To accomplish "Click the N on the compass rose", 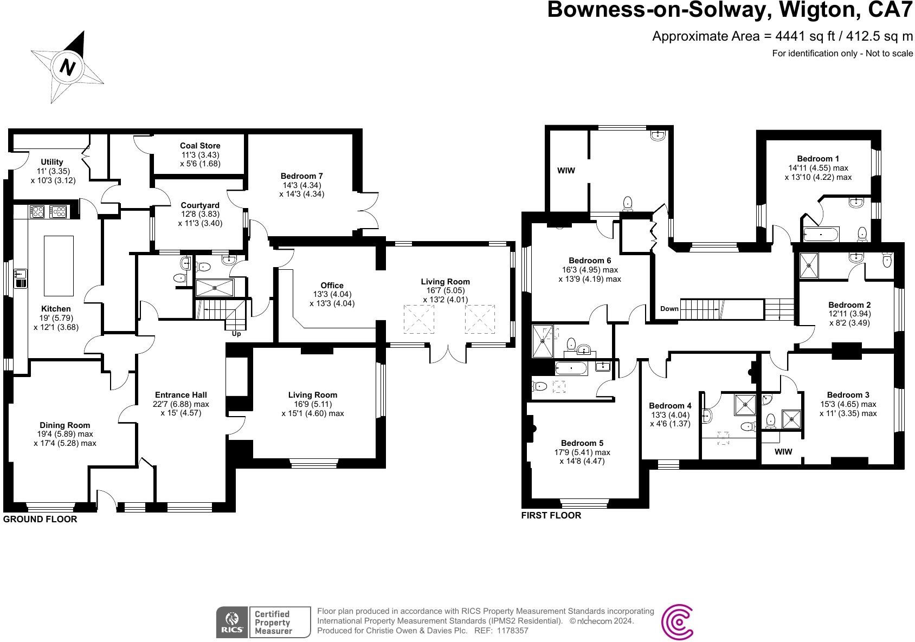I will [x=67, y=68].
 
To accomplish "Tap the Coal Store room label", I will [x=200, y=146].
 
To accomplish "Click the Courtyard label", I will [x=200, y=205].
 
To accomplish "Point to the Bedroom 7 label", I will [x=301, y=176].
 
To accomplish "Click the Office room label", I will [x=332, y=286].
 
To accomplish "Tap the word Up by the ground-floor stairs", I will [x=236, y=334].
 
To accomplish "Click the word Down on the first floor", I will [x=669, y=309].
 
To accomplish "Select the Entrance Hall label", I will [x=181, y=395].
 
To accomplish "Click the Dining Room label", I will [x=65, y=425].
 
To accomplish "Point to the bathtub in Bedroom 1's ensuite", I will [x=821, y=235].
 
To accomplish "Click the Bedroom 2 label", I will [x=849, y=305].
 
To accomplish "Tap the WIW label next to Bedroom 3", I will [x=783, y=452].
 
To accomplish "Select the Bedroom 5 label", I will [x=582, y=443].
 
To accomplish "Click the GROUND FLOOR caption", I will [x=40, y=519].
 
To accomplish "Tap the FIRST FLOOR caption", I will [x=551, y=515].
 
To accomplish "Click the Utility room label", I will [x=52, y=162].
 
